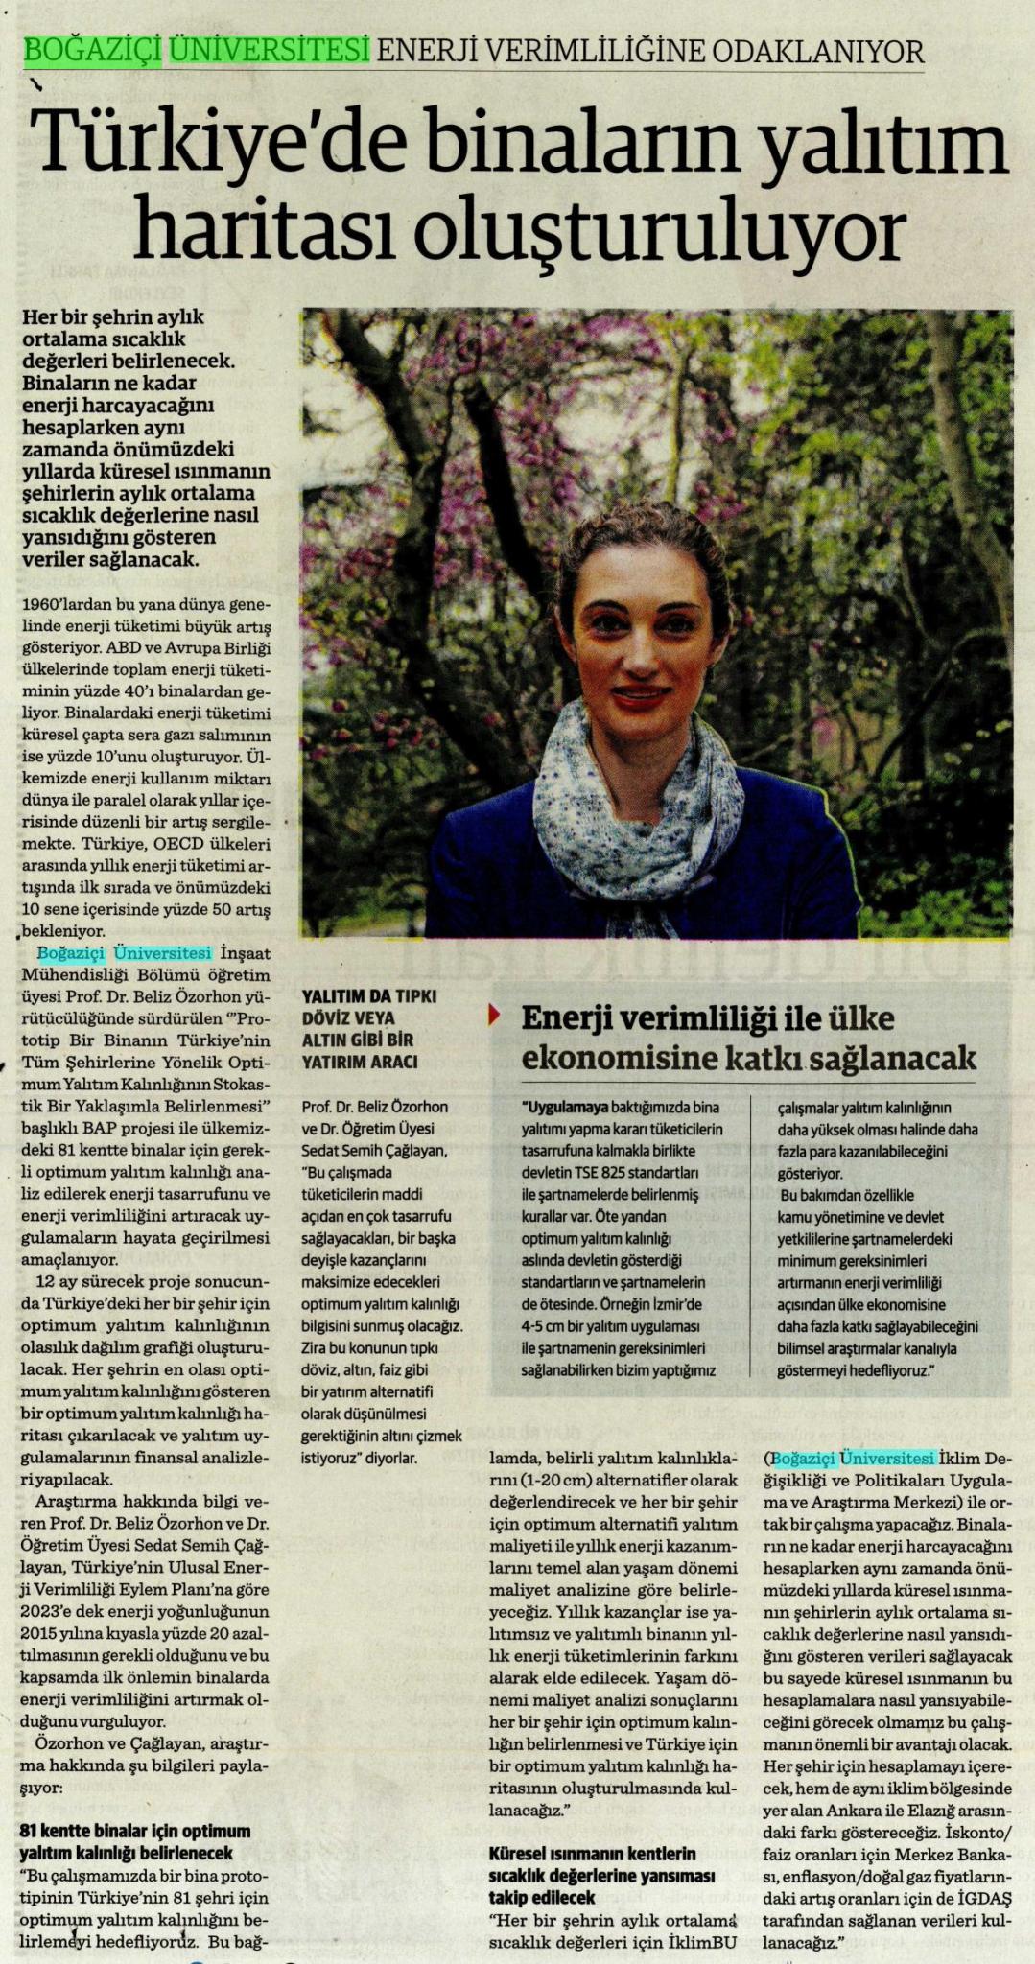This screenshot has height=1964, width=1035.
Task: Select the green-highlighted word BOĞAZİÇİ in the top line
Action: (x=93, y=49)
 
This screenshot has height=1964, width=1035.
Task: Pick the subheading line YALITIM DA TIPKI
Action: (x=368, y=996)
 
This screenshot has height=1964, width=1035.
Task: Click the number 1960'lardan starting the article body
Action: (x=67, y=605)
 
